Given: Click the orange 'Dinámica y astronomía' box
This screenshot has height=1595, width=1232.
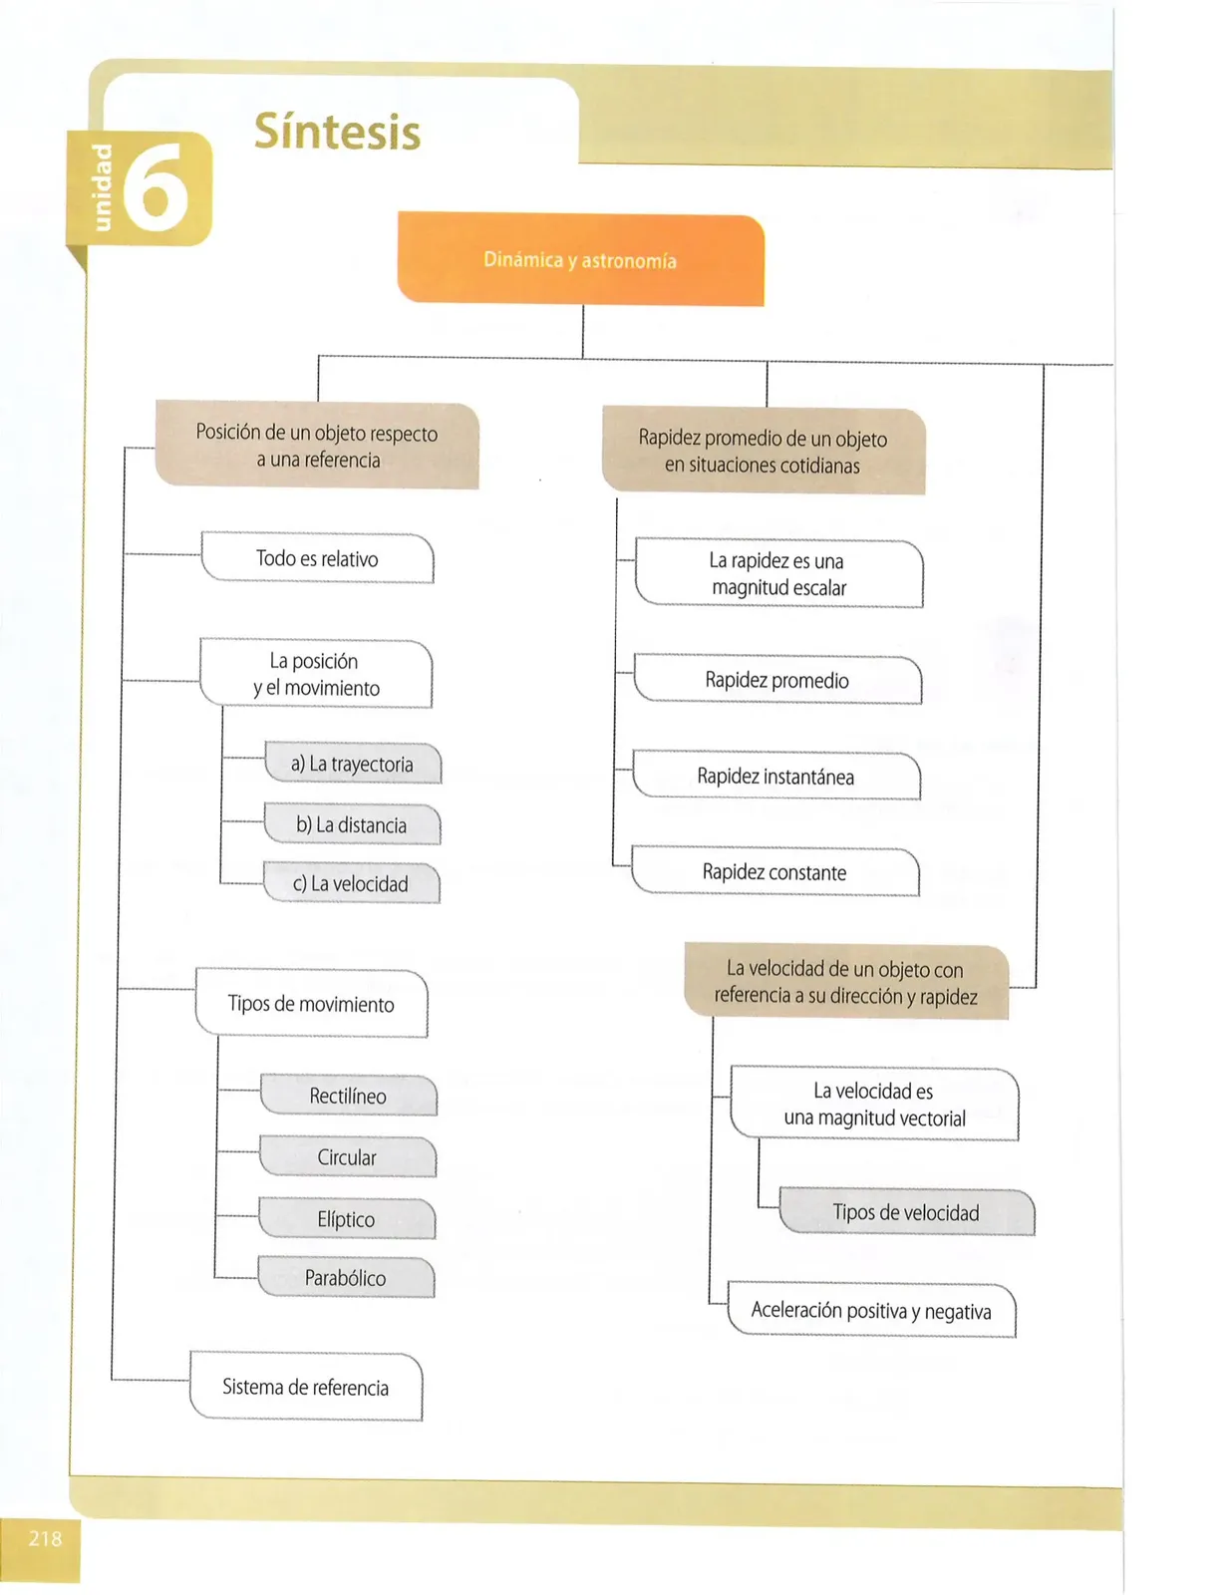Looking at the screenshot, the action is click(580, 258).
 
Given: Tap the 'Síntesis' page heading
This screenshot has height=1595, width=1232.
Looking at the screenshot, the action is click(338, 132).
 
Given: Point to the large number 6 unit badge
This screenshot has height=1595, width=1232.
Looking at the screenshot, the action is click(155, 186).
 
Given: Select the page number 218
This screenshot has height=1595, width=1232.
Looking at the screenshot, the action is click(45, 1538).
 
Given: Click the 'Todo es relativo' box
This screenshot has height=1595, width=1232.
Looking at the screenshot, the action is click(317, 558).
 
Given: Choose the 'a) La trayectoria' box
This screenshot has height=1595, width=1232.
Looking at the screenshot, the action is click(352, 764).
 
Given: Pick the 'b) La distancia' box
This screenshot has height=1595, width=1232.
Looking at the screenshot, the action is click(352, 824).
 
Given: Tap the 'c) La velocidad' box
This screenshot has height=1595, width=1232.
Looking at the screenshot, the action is click(351, 883).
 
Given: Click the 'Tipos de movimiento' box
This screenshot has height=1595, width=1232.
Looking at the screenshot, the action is click(311, 1003).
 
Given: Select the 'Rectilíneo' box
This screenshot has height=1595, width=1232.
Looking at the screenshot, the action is click(348, 1096).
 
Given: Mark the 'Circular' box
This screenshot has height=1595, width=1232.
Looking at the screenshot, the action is click(347, 1156).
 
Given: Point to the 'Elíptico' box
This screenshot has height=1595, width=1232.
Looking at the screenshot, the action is click(346, 1218).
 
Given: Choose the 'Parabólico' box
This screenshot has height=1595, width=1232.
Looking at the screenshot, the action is click(346, 1278).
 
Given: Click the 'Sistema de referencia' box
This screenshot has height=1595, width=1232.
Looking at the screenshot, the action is click(306, 1386).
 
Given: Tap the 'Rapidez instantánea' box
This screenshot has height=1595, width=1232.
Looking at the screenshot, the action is click(776, 776).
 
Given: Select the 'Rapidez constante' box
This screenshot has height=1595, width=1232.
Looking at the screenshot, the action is click(774, 871).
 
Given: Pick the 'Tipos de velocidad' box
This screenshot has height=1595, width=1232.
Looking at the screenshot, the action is click(906, 1211).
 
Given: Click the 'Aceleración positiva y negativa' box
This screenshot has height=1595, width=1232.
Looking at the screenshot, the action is click(872, 1310).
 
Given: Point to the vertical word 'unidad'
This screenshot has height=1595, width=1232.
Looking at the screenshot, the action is click(102, 187).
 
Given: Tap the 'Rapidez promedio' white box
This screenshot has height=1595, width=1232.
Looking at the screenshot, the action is click(777, 679).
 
